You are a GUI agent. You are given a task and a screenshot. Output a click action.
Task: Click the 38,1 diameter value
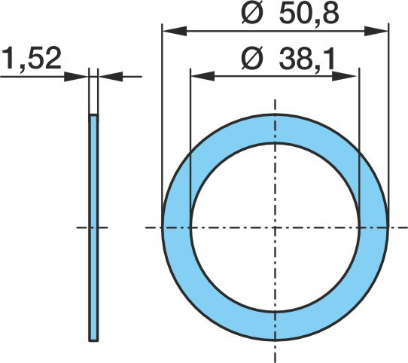tap(307, 59)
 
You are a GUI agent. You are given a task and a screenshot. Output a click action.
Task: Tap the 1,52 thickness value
tap(32, 58)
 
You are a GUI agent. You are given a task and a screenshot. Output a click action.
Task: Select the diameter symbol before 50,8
tap(251, 14)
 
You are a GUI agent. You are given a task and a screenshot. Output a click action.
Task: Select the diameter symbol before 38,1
tap(251, 59)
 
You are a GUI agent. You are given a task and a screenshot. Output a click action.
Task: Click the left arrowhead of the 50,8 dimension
tap(175, 31)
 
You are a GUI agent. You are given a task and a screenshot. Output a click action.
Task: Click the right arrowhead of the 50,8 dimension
tap(376, 31)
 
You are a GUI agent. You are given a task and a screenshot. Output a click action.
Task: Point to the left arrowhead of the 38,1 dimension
tap(202, 76)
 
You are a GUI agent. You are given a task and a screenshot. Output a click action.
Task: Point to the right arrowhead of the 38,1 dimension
tap(344, 76)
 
